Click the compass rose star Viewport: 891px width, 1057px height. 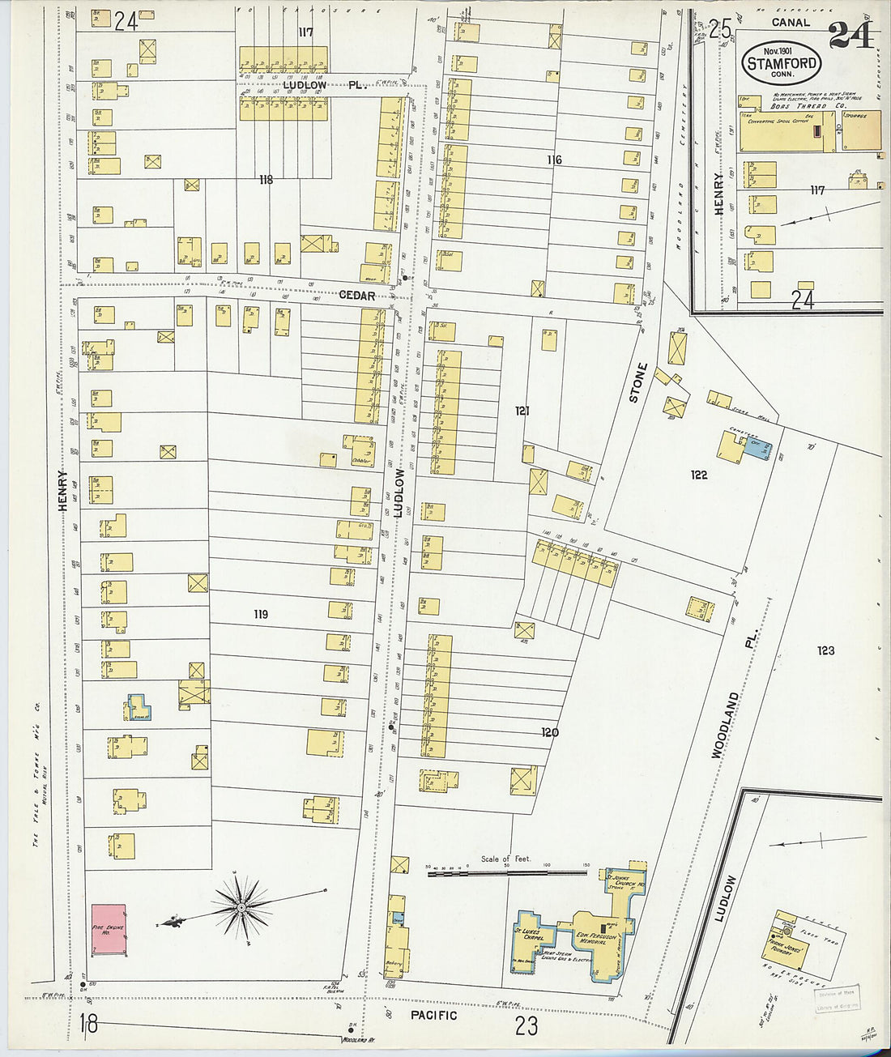pos(241,909)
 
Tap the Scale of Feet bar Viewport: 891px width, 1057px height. pos(507,873)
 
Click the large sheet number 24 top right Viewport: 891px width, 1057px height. pos(850,35)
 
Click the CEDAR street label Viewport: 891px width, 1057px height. pos(356,296)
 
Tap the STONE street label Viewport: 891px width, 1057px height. pos(638,382)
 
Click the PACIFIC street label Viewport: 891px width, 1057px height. pos(433,1015)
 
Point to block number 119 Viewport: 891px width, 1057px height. pos(260,615)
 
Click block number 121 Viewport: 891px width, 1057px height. pos(522,411)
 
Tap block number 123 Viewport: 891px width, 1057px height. pos(825,650)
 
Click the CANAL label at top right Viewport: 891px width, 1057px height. pos(790,23)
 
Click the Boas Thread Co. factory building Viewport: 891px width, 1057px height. pos(786,130)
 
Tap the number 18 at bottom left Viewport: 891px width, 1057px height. pos(88,1025)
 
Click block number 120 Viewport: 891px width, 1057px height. pos(550,732)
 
